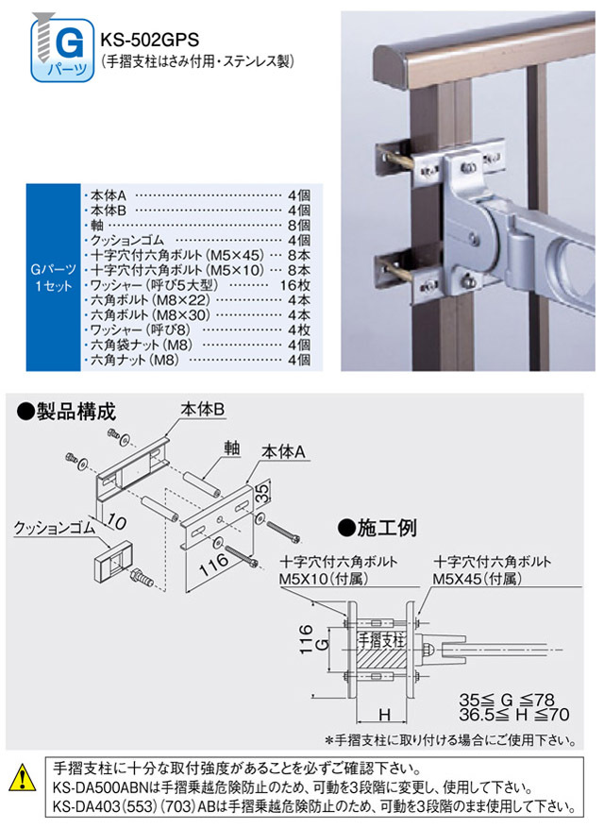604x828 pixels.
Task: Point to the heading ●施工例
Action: [377, 526]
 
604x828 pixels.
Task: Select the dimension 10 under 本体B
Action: [115, 518]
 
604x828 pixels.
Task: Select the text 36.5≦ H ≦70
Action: [513, 717]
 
